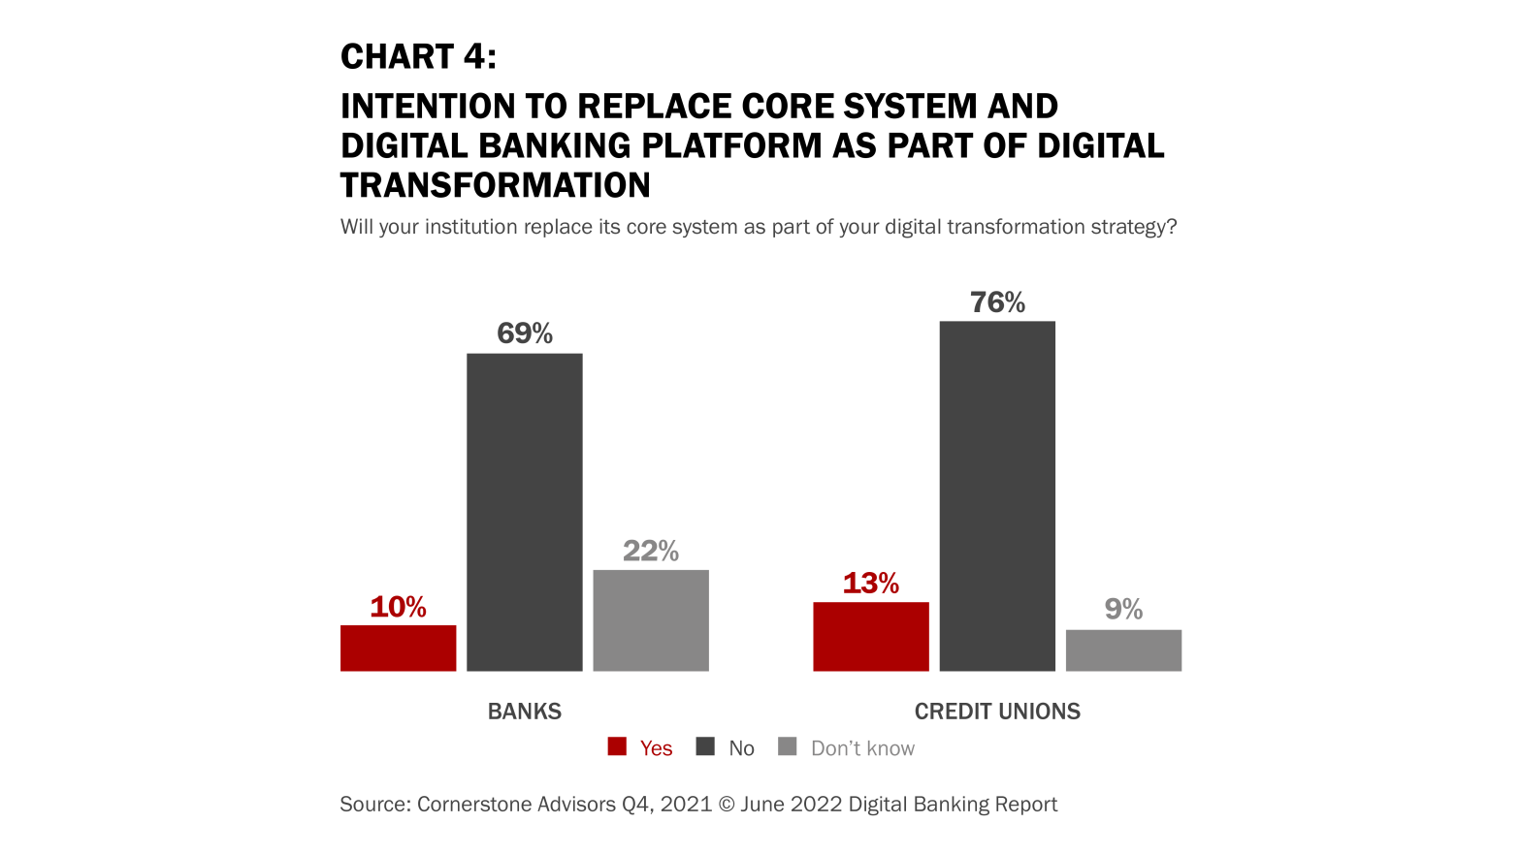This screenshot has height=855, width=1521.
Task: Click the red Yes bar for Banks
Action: pyautogui.click(x=398, y=648)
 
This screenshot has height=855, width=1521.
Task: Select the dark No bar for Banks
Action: pyautogui.click(x=524, y=512)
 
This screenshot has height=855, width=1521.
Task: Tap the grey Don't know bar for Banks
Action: pyautogui.click(x=651, y=620)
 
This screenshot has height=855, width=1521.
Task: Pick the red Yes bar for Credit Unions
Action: pyautogui.click(x=870, y=636)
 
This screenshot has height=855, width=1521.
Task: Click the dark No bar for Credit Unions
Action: pyautogui.click(x=997, y=495)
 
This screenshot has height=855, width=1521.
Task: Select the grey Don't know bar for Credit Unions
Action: pyautogui.click(x=1123, y=650)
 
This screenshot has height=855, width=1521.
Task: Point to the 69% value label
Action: pyautogui.click(x=525, y=333)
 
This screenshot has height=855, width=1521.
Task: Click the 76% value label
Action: pyautogui.click(x=997, y=302)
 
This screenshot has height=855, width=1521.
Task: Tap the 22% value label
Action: pyautogui.click(x=651, y=551)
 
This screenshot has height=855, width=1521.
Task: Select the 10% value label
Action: pyautogui.click(x=398, y=607)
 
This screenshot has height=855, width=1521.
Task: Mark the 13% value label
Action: pyautogui.click(x=870, y=583)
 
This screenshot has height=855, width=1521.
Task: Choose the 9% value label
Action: pyautogui.click(x=1123, y=609)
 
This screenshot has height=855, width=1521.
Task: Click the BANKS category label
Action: pyautogui.click(x=524, y=712)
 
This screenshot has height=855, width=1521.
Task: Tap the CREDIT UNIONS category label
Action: pyautogui.click(x=997, y=712)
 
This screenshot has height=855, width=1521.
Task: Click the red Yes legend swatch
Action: pyautogui.click(x=617, y=746)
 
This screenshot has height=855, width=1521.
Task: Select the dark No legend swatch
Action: pyautogui.click(x=705, y=746)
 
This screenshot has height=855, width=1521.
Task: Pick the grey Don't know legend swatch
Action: pyautogui.click(x=788, y=746)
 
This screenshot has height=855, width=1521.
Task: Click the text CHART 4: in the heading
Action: pyautogui.click(x=418, y=57)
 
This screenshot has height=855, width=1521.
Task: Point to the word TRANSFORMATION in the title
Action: pyautogui.click(x=495, y=185)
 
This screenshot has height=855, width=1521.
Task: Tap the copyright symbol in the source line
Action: pyautogui.click(x=728, y=805)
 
